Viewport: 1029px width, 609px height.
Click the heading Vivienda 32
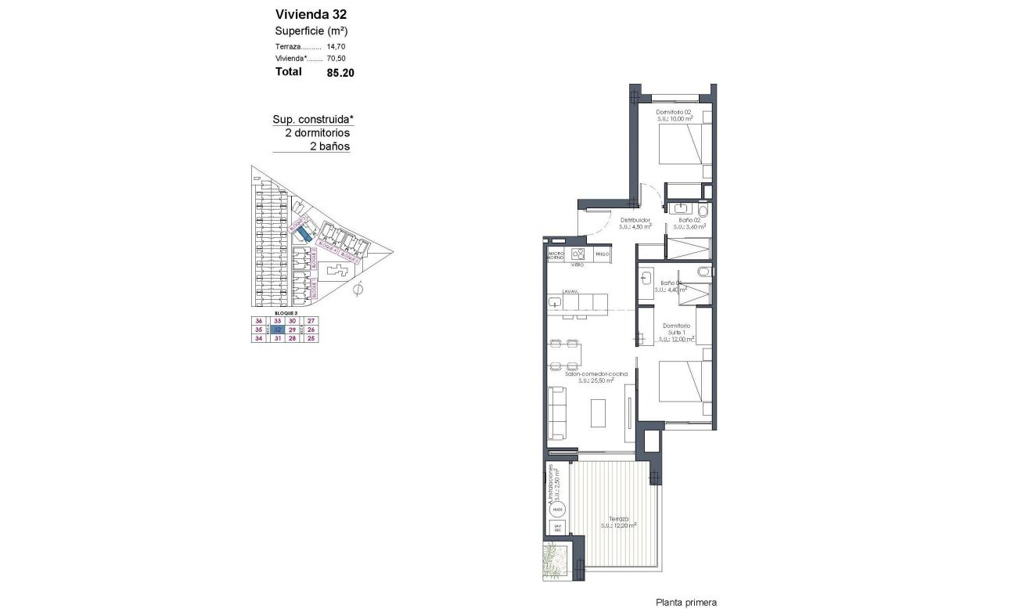pos(311,13)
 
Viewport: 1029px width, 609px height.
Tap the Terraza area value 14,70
pos(336,46)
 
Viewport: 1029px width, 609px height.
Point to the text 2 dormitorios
pos(317,133)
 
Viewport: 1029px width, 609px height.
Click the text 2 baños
pos(330,146)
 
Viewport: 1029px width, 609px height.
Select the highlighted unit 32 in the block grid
pos(277,330)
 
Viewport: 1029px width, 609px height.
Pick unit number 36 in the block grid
pos(258,321)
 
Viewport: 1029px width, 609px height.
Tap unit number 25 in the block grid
pos(311,339)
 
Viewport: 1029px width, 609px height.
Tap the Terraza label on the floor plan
pos(618,521)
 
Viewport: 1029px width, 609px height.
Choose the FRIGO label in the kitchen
pos(602,254)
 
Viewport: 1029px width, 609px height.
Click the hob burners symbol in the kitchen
pos(578,254)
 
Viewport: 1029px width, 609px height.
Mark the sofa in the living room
pos(557,413)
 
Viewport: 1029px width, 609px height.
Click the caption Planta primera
pos(685,602)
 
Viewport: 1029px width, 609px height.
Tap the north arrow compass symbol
pos(358,290)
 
